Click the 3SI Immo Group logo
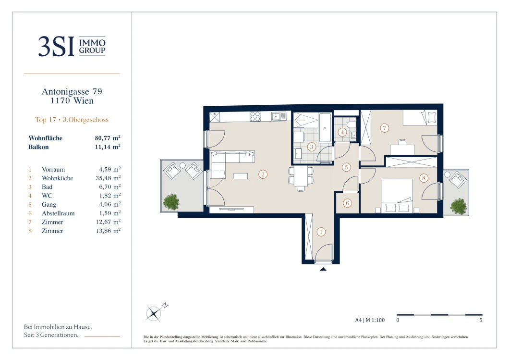click(72, 46)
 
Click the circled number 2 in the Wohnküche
click(263, 174)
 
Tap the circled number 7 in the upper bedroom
click(384, 128)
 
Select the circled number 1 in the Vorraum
click(321, 232)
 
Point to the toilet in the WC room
click(351, 125)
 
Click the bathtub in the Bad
click(325, 128)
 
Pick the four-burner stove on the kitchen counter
click(255, 116)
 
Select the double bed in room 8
click(397, 196)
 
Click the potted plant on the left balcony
click(171, 202)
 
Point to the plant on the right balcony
click(459, 206)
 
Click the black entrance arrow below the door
click(323, 269)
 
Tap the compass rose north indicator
click(154, 313)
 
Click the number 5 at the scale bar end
click(481, 320)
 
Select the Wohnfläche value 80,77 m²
click(108, 138)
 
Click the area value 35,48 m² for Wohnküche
click(108, 178)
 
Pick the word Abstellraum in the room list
click(58, 213)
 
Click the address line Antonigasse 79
click(72, 92)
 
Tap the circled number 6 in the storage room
click(347, 203)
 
